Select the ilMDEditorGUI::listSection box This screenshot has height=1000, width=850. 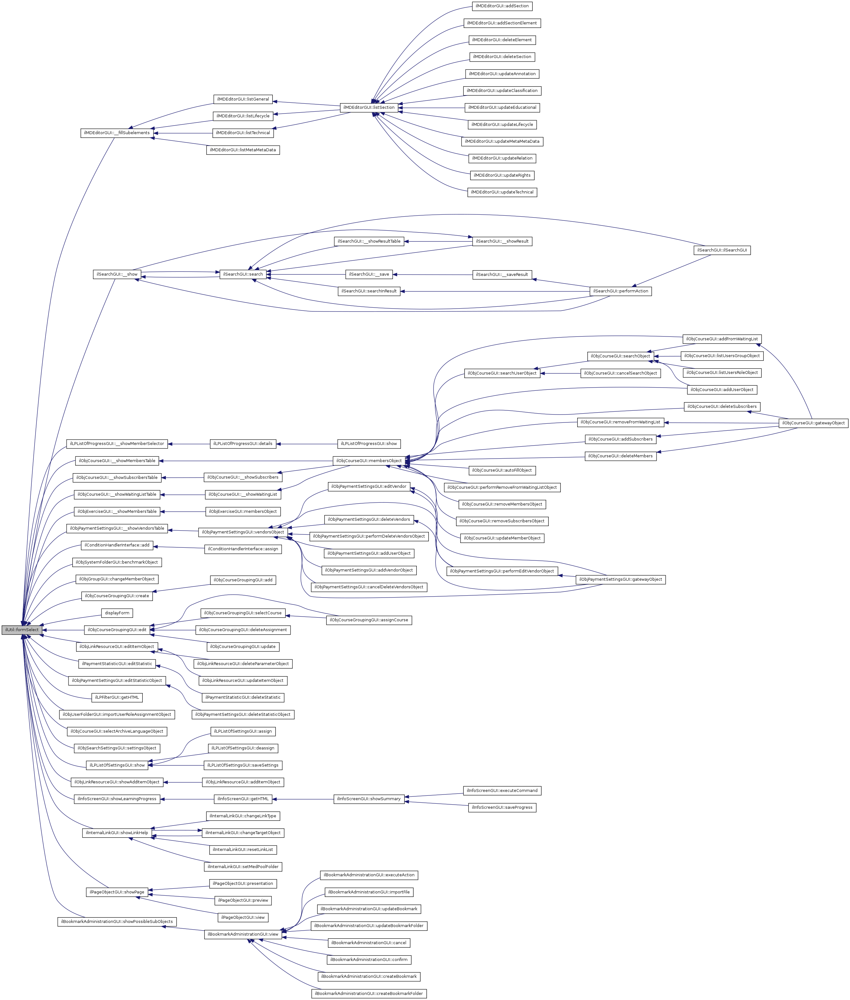coord(369,108)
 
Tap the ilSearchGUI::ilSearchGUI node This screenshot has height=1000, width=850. coord(721,250)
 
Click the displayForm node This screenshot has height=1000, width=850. coord(117,613)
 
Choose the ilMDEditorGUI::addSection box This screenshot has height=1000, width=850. coord(502,6)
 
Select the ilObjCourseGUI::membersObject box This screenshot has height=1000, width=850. coord(369,461)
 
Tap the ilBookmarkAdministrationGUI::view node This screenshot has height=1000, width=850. coord(243,934)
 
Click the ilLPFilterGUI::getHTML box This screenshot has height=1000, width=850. coord(117,697)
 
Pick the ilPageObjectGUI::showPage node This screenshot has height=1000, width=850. coord(117,892)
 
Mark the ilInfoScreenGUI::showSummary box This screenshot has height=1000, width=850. coord(369,799)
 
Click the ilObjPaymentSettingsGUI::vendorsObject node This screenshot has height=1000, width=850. coord(243,532)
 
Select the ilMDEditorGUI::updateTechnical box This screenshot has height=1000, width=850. coord(502,192)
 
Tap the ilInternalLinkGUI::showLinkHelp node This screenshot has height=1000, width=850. coord(117,833)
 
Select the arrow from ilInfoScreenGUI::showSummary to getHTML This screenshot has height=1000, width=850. coord(303,799)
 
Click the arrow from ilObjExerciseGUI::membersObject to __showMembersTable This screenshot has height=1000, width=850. coord(183,511)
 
